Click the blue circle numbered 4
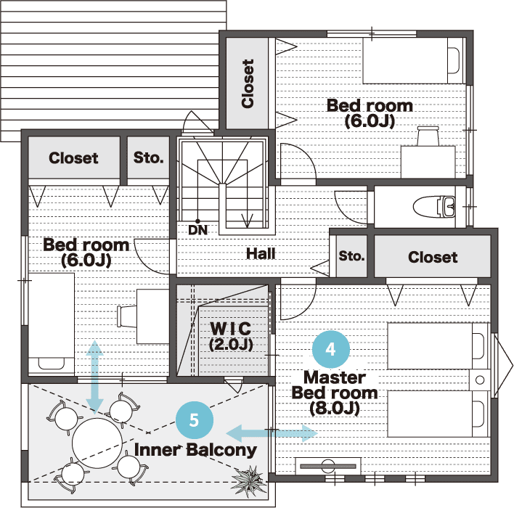click(331, 349)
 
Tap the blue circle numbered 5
click(195, 420)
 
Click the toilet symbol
click(434, 207)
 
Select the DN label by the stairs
click(198, 230)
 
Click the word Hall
click(261, 254)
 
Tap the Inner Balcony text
click(195, 450)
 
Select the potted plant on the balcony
click(248, 481)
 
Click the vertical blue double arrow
click(94, 377)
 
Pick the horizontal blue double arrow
click(272, 433)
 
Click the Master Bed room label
click(335, 393)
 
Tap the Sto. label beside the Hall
click(351, 256)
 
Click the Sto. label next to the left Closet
click(149, 157)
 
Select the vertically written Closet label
click(248, 83)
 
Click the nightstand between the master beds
click(480, 380)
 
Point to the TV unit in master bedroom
click(328, 466)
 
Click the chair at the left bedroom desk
click(127, 316)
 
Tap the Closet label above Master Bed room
click(433, 257)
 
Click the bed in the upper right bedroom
click(415, 61)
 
